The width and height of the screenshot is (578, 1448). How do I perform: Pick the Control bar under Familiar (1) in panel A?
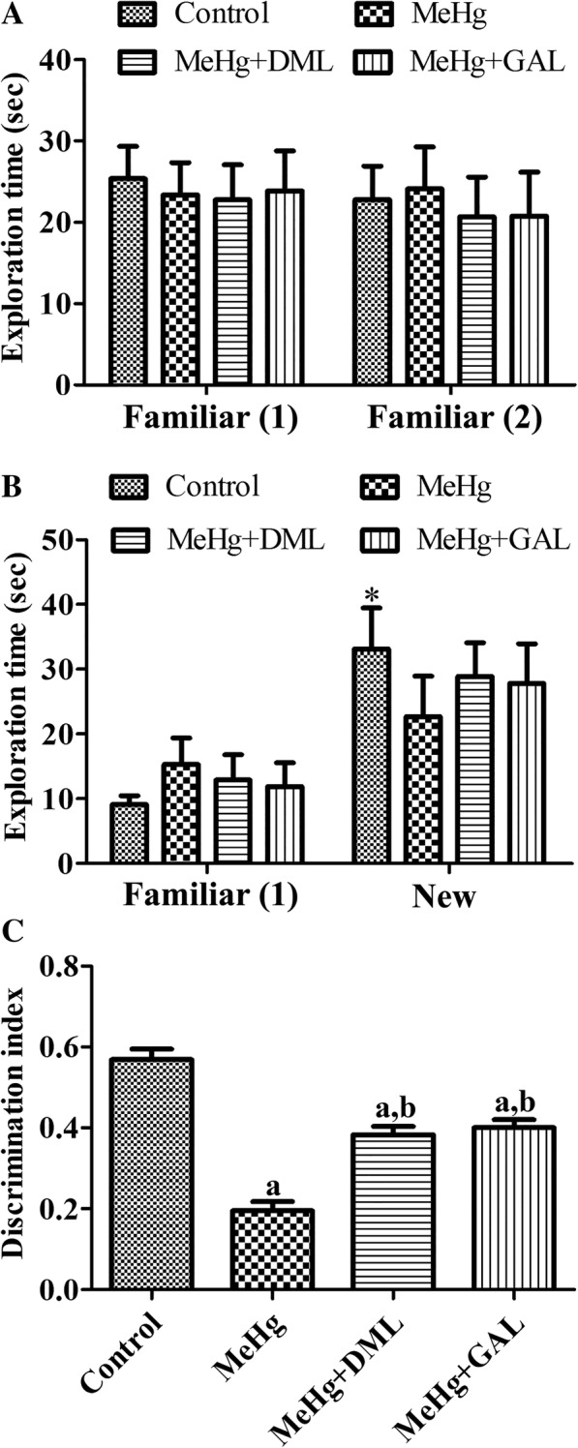pos(128,282)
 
